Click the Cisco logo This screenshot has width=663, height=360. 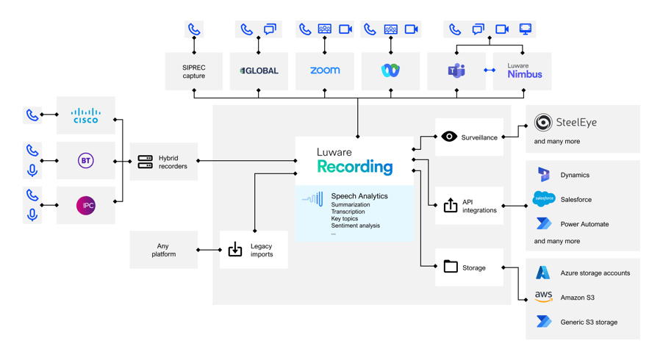85,115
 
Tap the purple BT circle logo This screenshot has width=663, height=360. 86,160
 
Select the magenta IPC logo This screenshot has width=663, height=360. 86,206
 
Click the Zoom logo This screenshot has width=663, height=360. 324,71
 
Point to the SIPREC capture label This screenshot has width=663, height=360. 194,71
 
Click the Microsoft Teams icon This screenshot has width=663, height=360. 456,71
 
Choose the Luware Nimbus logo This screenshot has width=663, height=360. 524,71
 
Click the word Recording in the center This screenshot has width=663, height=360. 355,168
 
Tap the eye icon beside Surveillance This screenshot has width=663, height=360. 449,137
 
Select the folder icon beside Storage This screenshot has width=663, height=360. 451,267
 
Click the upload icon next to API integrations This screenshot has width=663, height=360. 451,206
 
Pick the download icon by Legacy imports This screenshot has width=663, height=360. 235,250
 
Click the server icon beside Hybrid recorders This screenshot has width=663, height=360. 146,162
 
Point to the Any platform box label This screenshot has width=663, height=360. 164,251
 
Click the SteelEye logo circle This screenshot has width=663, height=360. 543,122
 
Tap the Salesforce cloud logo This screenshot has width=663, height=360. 544,199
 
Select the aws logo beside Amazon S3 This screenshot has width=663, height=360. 544,297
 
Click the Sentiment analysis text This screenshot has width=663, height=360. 355,226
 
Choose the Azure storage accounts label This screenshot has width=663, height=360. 595,273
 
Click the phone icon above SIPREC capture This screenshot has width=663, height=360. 194,30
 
